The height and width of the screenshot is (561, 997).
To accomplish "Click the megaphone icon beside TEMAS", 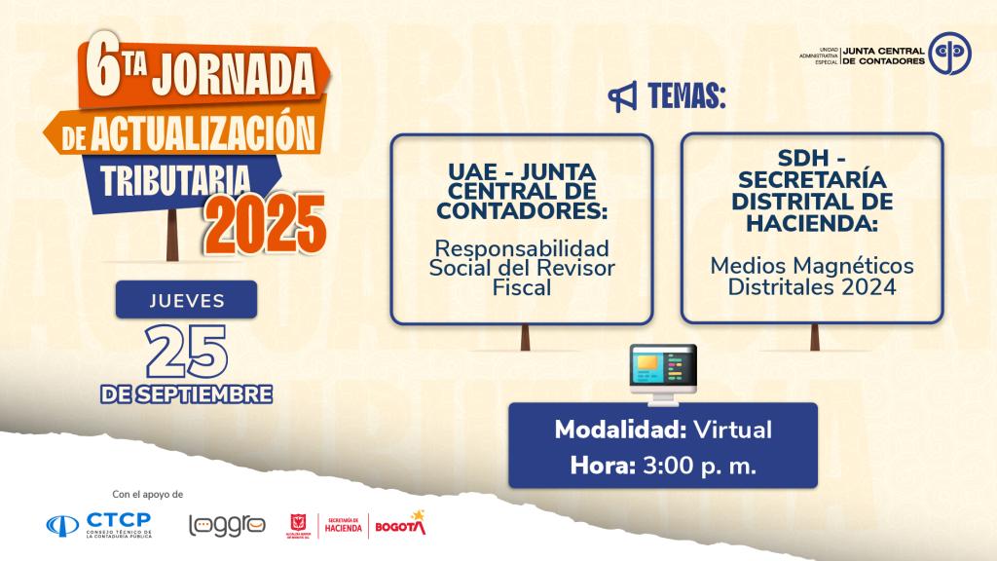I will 622,96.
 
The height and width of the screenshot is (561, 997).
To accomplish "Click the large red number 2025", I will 264,223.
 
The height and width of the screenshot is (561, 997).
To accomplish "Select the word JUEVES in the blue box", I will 186,300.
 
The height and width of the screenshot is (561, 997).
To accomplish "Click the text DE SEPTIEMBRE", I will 186,395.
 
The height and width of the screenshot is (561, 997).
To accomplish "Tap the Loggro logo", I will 226,525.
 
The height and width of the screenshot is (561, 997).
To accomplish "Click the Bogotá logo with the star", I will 400,524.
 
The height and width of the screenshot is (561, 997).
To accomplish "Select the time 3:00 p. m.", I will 699,466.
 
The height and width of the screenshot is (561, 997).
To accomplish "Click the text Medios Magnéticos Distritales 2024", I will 811,276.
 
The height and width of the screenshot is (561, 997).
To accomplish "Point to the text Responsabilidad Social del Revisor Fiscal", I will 522,267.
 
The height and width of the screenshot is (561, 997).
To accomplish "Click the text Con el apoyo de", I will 149,494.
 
